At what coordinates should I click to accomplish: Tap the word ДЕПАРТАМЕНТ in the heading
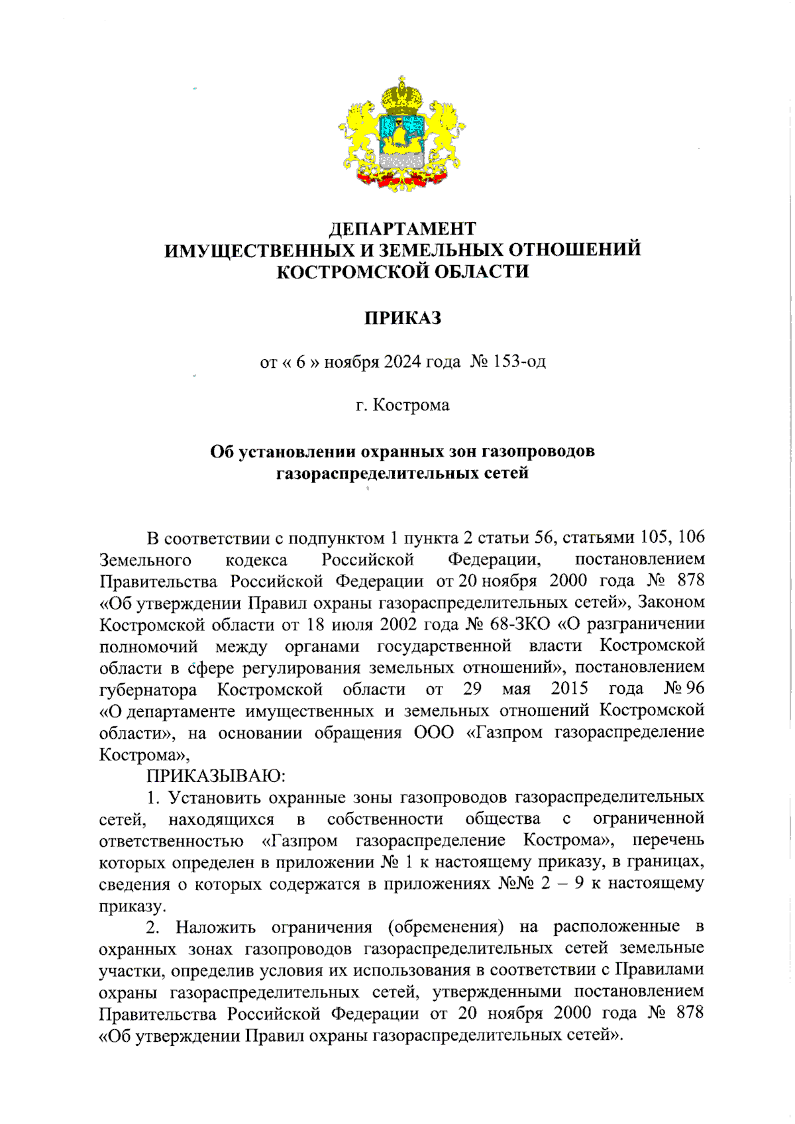point(402,229)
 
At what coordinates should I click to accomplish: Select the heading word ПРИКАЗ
point(402,318)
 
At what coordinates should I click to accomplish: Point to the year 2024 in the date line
point(402,362)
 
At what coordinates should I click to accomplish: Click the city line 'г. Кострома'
point(402,405)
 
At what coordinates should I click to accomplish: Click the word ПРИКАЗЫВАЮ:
point(216,775)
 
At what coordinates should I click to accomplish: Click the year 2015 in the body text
point(569,689)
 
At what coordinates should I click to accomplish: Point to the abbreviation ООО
point(434,732)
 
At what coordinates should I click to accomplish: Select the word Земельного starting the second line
point(145,560)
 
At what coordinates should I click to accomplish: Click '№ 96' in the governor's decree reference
point(684,689)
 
